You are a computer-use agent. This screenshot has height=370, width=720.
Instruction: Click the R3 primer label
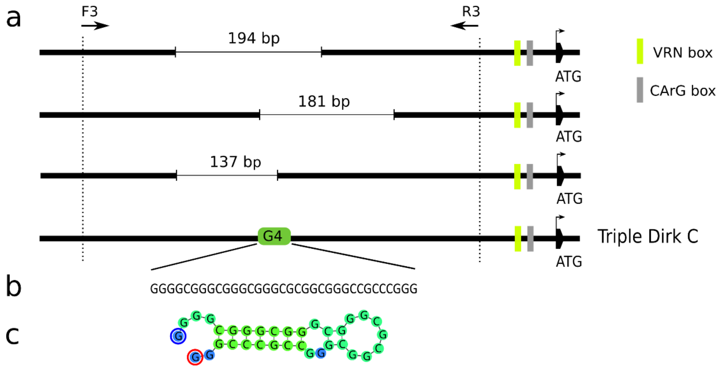[x=471, y=12]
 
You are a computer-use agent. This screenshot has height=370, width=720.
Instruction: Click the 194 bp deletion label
[x=254, y=39]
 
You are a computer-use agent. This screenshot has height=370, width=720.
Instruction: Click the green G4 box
[x=274, y=236]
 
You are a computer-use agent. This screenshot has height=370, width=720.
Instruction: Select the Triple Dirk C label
[x=648, y=237]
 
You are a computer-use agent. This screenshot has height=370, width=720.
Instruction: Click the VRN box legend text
[x=683, y=52]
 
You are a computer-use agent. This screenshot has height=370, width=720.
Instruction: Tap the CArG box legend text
[x=683, y=91]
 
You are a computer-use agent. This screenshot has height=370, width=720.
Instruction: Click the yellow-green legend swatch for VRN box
[x=640, y=51]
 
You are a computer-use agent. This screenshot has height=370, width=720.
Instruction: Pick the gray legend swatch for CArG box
[x=640, y=90]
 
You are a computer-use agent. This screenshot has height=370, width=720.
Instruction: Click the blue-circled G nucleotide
[x=178, y=336]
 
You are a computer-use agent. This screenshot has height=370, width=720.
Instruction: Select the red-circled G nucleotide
[x=195, y=357]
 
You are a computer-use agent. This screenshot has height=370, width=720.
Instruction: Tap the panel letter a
[x=13, y=18]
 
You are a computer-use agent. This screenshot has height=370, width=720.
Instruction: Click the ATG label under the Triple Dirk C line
[x=569, y=262]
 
